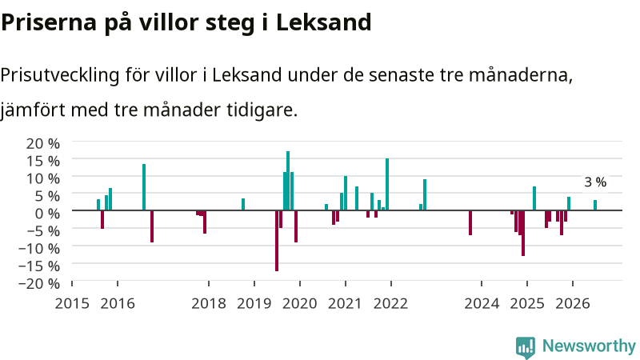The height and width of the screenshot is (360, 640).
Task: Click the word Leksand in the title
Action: tap(324, 22)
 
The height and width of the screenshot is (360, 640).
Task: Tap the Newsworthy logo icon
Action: tap(526, 347)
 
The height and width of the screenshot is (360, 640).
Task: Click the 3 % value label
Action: tap(595, 182)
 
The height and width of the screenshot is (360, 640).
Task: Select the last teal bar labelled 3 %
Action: tap(595, 205)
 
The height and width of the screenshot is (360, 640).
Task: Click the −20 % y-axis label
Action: tap(39, 283)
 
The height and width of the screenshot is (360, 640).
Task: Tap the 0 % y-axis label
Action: tap(48, 213)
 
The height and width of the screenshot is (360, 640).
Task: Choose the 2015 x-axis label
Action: tap(72, 303)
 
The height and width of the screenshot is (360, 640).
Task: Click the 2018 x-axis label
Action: tap(209, 303)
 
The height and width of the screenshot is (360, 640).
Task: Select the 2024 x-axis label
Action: tap(482, 303)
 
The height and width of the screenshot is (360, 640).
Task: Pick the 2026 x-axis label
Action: tap(573, 303)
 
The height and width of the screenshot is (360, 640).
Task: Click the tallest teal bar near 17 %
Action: tap(288, 181)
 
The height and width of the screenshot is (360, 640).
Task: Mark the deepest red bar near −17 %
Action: tap(277, 241)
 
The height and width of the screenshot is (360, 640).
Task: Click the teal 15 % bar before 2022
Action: tap(387, 185)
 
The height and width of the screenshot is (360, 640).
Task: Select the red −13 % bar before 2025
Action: tap(523, 233)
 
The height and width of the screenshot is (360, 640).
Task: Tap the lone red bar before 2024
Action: tap(470, 223)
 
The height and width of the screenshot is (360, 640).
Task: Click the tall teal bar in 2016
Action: tap(144, 187)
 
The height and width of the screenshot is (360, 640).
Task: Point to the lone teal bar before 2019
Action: tap(243, 205)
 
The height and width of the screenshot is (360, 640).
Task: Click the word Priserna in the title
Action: tap(49, 22)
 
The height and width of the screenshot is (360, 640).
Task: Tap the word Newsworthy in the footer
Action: tap(589, 346)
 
